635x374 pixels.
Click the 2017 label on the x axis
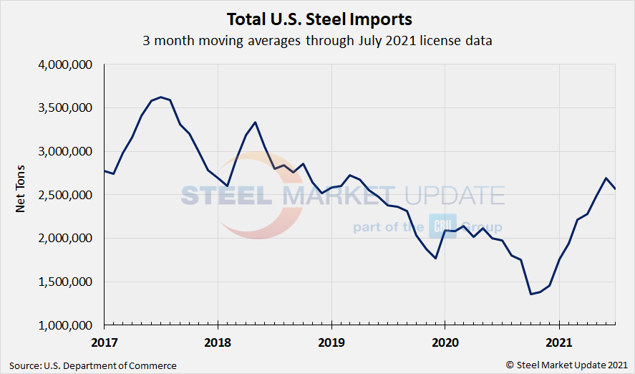(x=104, y=342)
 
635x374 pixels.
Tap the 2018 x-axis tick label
(x=218, y=342)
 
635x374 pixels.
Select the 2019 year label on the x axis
(x=331, y=342)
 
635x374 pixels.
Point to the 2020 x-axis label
(x=445, y=342)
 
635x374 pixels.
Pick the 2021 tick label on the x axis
(x=558, y=342)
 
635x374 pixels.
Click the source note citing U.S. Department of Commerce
(x=93, y=365)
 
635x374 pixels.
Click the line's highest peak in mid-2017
(x=160, y=97)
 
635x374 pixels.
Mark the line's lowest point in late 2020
(x=530, y=294)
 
